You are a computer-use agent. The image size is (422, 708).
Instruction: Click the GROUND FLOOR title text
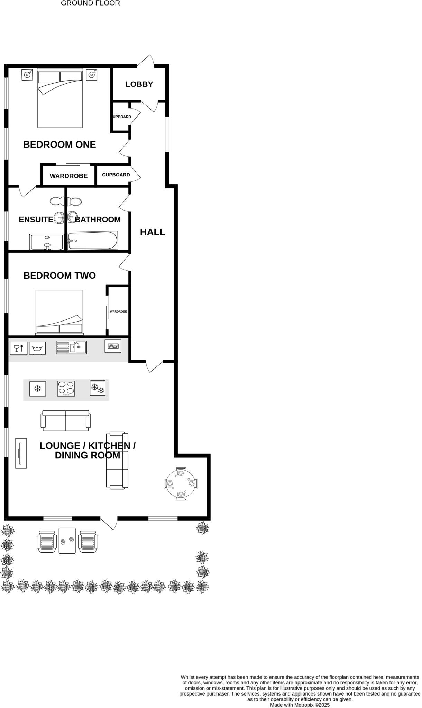tap(90, 3)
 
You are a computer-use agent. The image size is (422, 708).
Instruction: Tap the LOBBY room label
tap(139, 84)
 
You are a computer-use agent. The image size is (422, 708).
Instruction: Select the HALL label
tap(153, 232)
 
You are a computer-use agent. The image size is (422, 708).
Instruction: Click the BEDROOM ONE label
tap(59, 145)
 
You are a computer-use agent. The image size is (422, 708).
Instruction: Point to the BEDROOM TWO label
tap(59, 276)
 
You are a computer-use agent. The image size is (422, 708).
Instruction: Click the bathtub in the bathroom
tap(93, 240)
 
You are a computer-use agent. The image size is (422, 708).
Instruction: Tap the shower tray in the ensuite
tap(47, 242)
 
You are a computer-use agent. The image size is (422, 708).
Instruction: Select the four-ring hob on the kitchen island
tap(66, 388)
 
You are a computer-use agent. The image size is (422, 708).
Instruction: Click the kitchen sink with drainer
tap(71, 347)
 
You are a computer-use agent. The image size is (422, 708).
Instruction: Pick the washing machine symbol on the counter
tap(37, 348)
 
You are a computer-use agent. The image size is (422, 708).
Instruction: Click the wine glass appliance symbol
tap(19, 348)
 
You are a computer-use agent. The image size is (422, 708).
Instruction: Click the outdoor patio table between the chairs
tap(67, 540)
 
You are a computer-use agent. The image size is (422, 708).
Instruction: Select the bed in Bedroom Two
tap(59, 312)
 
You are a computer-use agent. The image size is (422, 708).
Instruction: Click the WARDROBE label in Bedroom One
tap(68, 176)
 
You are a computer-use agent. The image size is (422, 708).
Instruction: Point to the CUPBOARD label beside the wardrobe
tap(116, 175)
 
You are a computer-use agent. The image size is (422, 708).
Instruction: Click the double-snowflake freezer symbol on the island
tap(98, 388)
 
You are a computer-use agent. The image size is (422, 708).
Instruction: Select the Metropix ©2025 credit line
tap(300, 705)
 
